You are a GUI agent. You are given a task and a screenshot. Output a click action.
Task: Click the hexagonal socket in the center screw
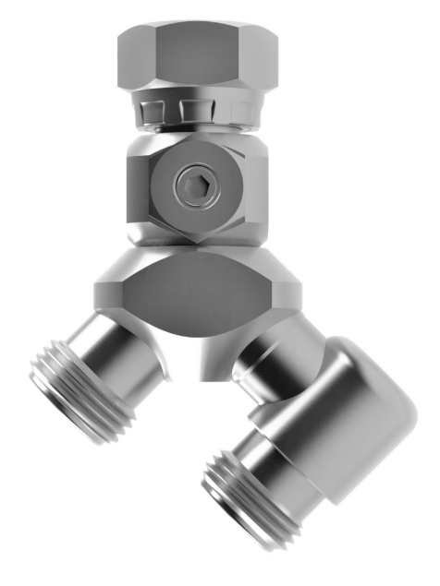tap(195, 188)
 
